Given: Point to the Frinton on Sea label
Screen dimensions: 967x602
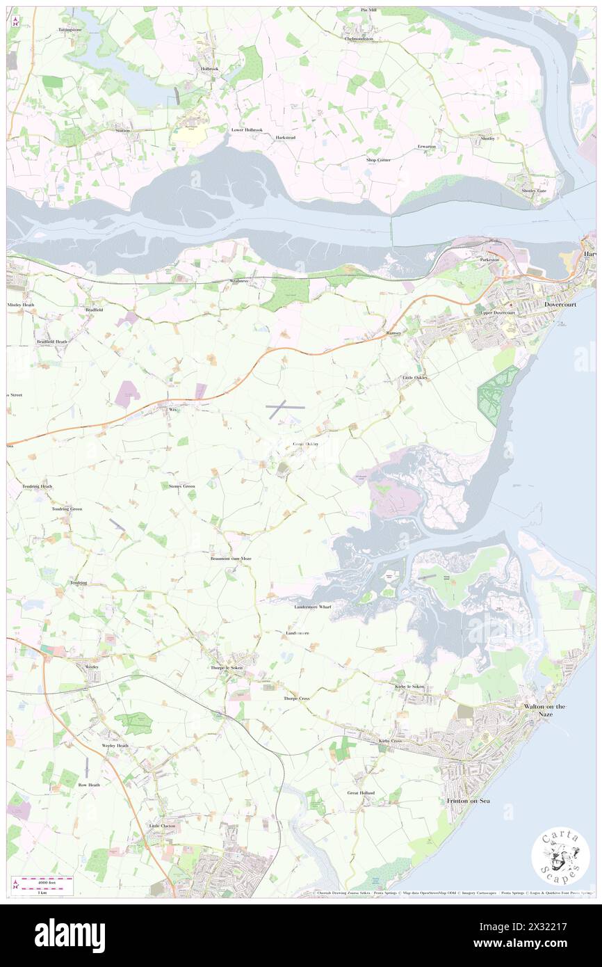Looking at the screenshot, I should (468, 801).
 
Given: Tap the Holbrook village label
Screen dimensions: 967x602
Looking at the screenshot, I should (209, 69).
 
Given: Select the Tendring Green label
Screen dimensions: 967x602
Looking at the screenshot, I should (67, 509).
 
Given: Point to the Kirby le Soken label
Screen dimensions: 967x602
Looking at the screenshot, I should (409, 687).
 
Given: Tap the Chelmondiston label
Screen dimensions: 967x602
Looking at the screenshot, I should (359, 39).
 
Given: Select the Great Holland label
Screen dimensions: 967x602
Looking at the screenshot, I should (361, 792).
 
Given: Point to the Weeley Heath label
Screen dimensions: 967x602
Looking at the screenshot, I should (115, 745).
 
